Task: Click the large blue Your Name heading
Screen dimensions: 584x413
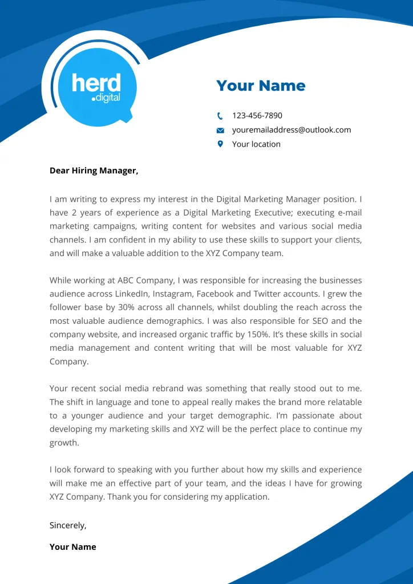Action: click(x=261, y=86)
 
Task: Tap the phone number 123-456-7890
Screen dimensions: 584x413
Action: click(x=257, y=116)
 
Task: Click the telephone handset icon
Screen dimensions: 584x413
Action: click(x=220, y=116)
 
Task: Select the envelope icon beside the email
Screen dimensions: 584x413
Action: click(x=220, y=130)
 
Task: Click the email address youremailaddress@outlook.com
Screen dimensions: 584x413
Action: click(x=291, y=130)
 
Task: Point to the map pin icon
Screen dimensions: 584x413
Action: click(x=220, y=144)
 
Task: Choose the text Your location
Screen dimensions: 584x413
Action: click(x=256, y=144)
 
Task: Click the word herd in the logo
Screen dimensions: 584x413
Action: click(x=96, y=84)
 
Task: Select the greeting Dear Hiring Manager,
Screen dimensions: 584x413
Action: click(x=94, y=171)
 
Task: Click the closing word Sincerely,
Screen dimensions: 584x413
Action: click(x=68, y=525)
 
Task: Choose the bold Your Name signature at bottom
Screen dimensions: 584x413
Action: click(x=72, y=547)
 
